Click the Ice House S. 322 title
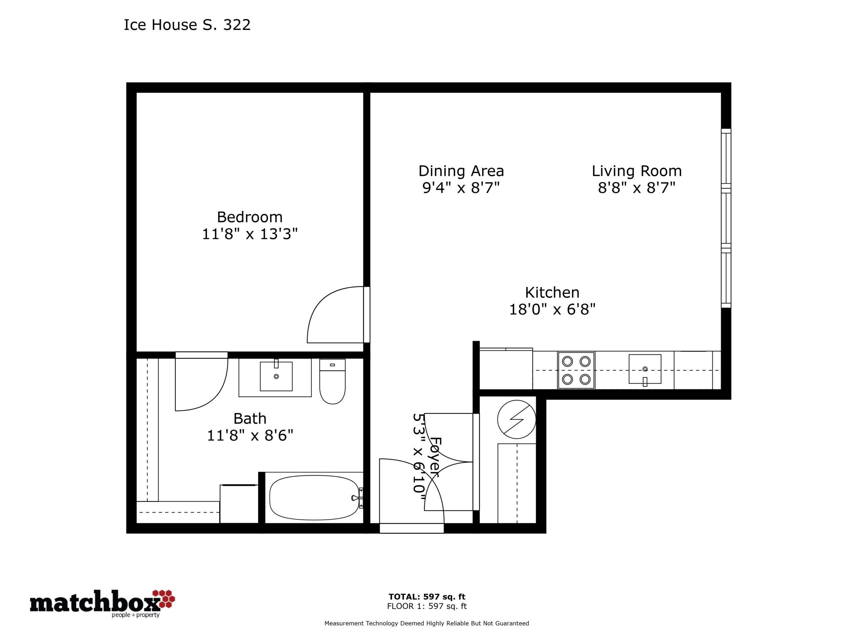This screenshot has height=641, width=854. point(187,25)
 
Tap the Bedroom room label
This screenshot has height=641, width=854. point(250,217)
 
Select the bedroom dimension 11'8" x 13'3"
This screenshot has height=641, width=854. point(250,234)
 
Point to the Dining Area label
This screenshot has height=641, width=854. point(461,171)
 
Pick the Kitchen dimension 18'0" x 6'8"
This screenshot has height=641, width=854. point(552,309)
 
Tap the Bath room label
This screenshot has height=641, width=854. point(250,418)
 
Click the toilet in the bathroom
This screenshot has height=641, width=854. point(332,381)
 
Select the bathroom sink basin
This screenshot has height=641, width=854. point(276,376)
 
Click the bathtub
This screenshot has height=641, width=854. point(314,498)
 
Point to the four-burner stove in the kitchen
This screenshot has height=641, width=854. point(576,370)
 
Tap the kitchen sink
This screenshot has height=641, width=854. point(645,369)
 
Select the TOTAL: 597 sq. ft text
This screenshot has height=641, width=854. point(427,597)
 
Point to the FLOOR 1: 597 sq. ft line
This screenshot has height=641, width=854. point(427,606)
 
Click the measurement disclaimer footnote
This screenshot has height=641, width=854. point(427,623)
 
